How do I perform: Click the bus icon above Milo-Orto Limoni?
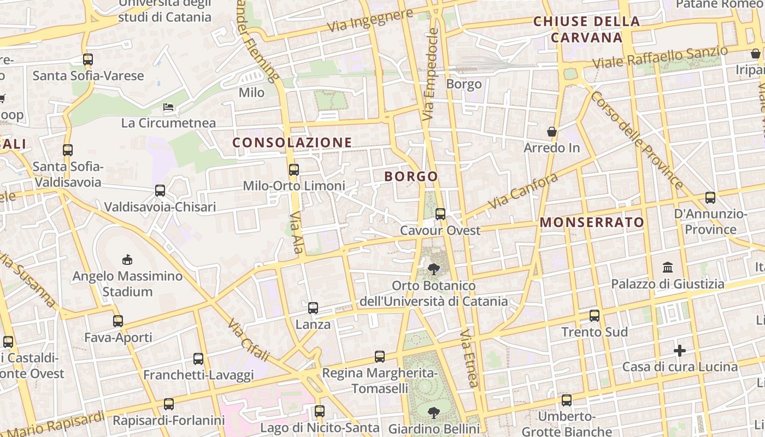click(294, 169)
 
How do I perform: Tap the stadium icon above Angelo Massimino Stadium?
click(127, 259)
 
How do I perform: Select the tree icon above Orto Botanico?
click(434, 269)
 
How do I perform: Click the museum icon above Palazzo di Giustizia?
click(667, 268)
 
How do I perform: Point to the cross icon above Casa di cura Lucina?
click(680, 350)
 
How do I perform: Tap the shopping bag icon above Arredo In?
click(552, 132)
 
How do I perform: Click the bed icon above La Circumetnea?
click(169, 107)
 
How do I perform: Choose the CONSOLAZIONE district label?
click(292, 143)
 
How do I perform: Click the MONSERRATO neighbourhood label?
click(592, 222)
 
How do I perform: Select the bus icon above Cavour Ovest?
click(440, 214)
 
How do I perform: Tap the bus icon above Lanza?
click(313, 308)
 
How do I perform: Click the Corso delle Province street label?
click(637, 140)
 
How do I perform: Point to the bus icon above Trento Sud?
click(595, 316)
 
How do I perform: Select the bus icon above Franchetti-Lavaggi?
click(198, 359)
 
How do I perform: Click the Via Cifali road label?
click(249, 340)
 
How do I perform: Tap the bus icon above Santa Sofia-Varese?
click(88, 60)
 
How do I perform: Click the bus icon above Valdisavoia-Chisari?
click(160, 191)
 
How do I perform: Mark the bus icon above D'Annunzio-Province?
click(710, 198)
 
